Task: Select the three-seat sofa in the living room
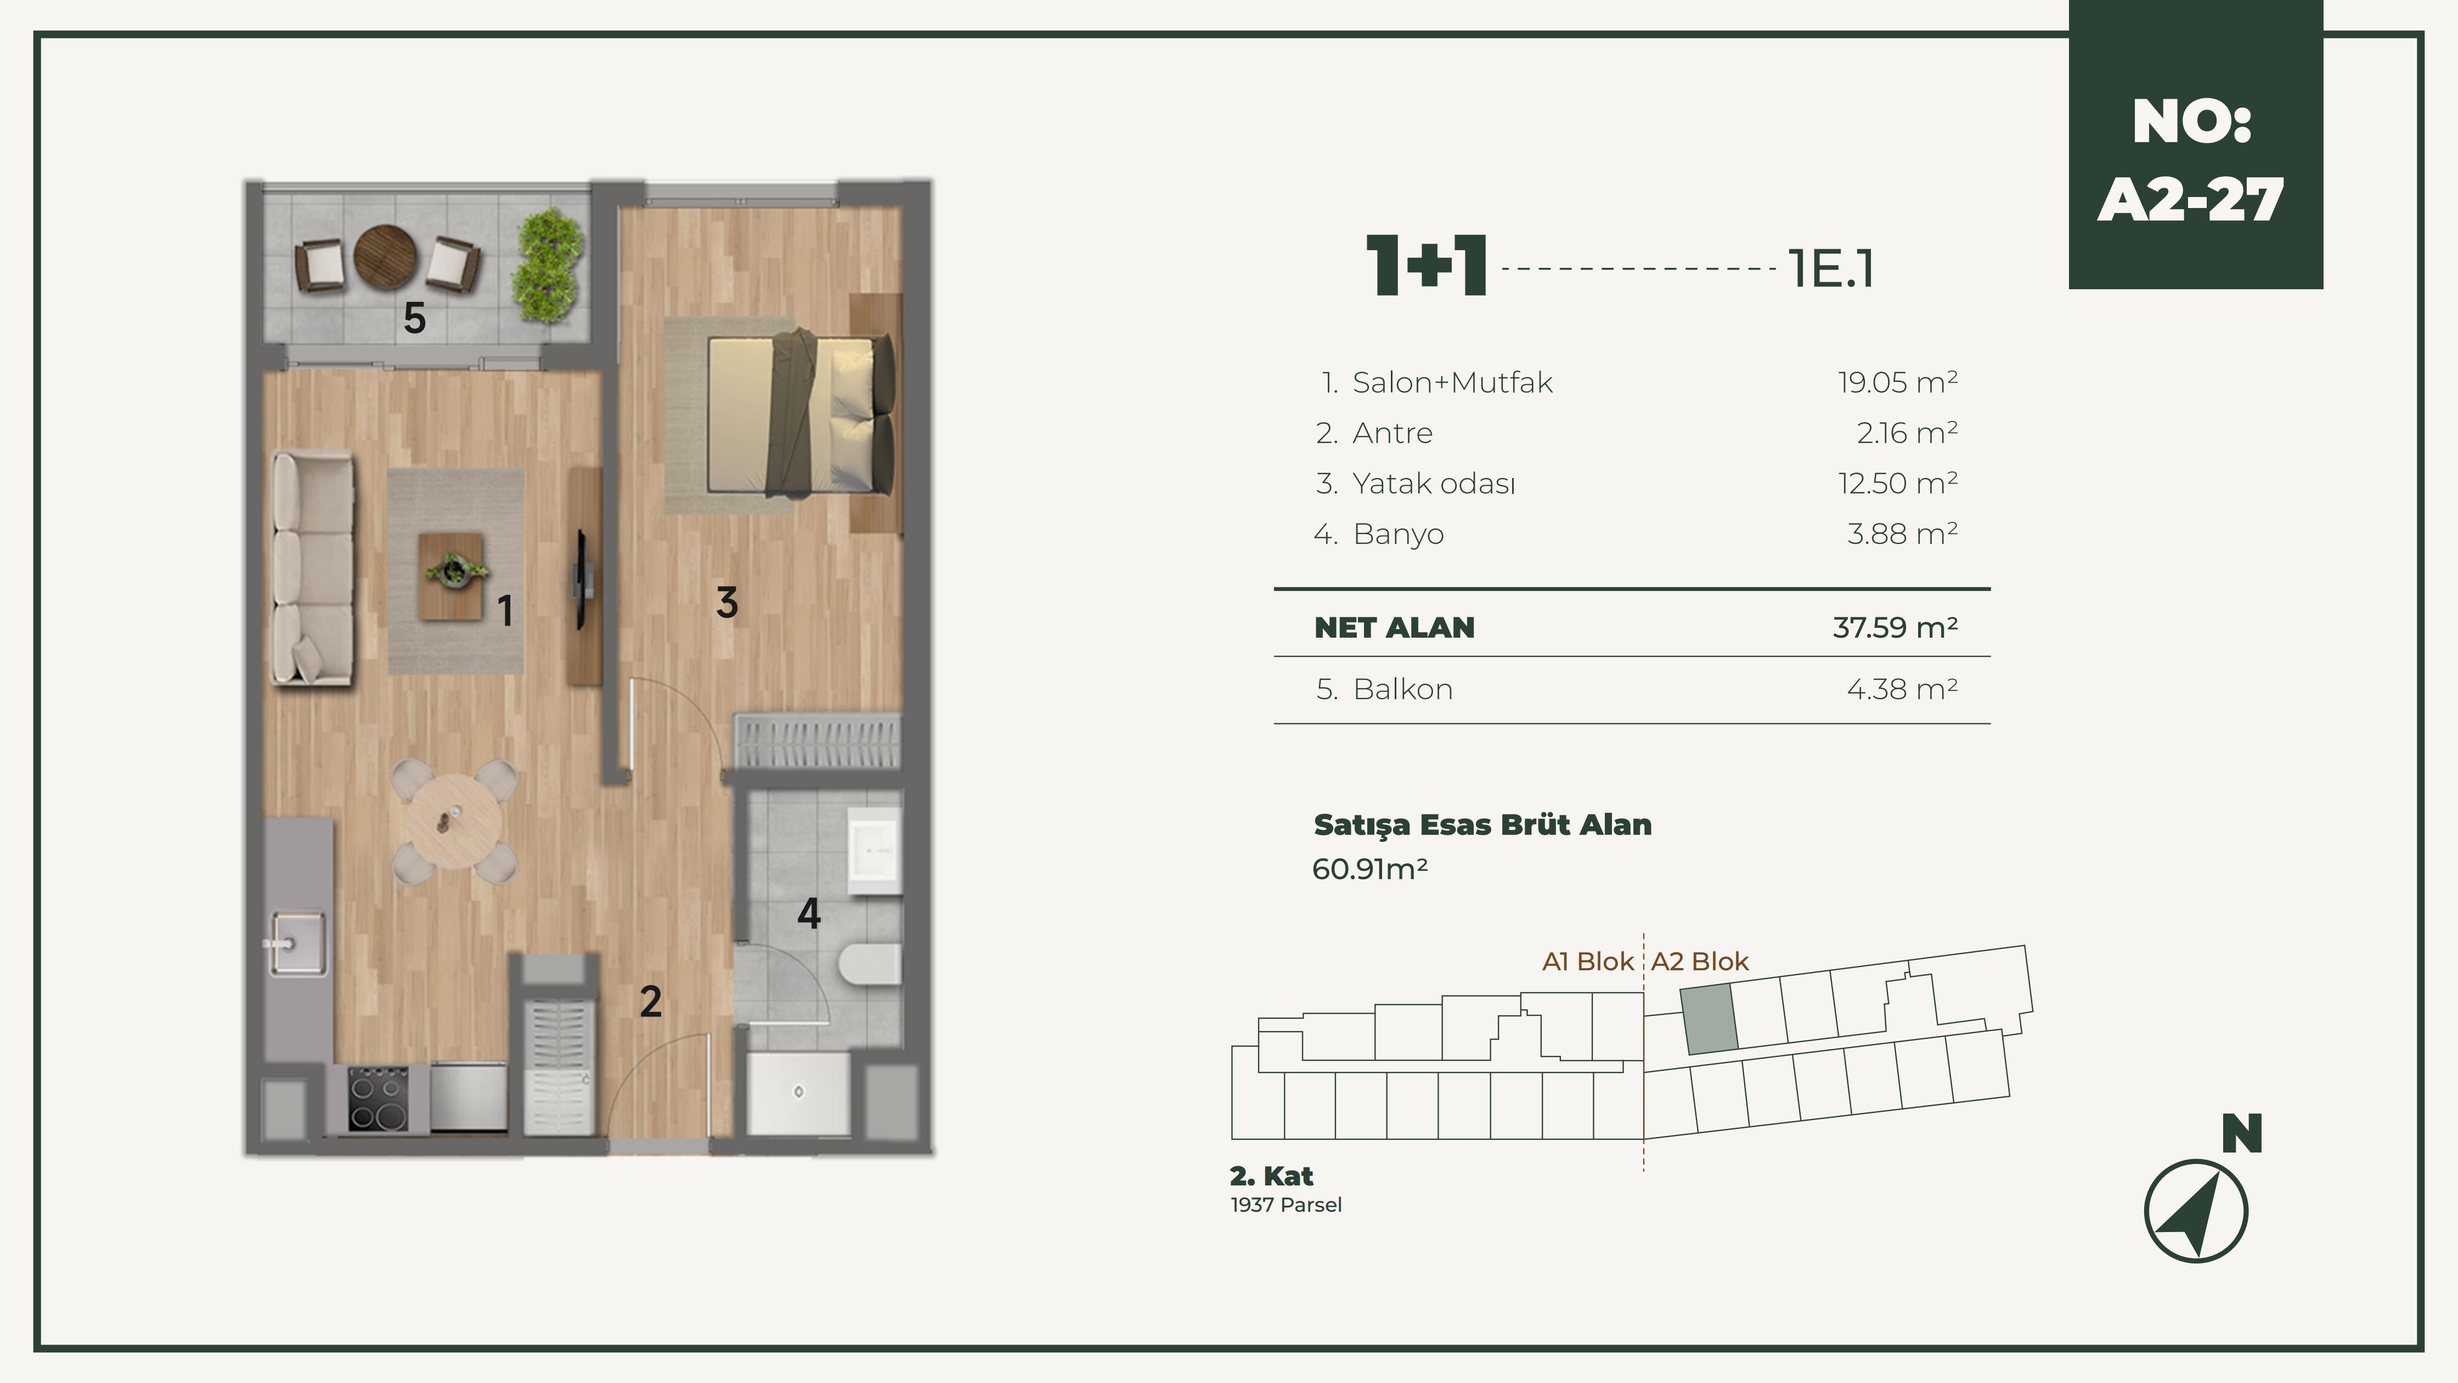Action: (312, 568)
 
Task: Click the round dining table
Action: (454, 821)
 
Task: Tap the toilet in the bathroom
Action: (869, 964)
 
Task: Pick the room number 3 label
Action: (727, 602)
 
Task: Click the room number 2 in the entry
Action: (651, 1001)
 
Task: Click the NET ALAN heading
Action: (1394, 627)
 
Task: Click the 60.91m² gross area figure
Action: (1369, 869)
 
